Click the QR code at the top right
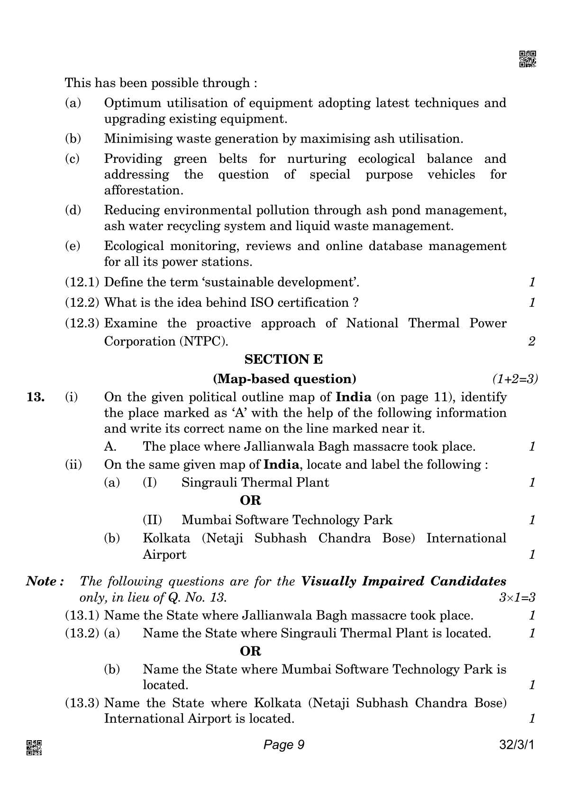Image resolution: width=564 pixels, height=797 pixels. (528, 59)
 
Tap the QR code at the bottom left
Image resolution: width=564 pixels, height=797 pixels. (34, 747)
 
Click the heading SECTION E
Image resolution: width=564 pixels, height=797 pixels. (283, 359)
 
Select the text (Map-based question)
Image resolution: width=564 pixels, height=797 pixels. (285, 379)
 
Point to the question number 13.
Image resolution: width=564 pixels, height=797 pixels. (36, 397)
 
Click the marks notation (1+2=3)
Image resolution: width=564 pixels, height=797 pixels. (515, 379)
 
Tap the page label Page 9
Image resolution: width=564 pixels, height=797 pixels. (283, 745)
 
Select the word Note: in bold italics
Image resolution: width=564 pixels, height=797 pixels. (45, 581)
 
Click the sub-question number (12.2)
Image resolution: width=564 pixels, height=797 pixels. (82, 303)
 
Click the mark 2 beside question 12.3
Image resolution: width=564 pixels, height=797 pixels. (532, 341)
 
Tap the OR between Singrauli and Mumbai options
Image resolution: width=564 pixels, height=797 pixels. (250, 501)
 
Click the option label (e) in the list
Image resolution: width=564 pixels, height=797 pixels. (73, 246)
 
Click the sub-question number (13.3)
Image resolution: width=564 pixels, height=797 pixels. (82, 703)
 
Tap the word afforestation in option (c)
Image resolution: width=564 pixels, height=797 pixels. (143, 190)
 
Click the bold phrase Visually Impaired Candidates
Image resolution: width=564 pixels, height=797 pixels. (403, 581)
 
